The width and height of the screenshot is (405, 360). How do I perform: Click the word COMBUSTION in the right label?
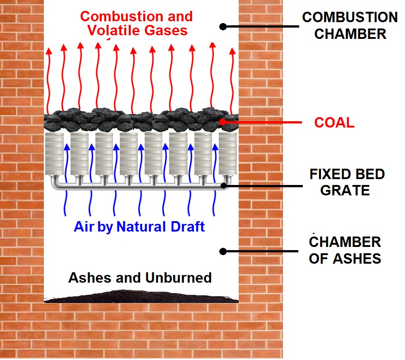tap(349, 18)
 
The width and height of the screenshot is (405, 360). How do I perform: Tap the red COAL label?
tap(334, 123)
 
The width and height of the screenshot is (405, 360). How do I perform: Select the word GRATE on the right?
tap(345, 189)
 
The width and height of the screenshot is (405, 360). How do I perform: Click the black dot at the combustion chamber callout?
tap(222, 27)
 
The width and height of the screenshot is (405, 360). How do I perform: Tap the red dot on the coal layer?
tap(222, 122)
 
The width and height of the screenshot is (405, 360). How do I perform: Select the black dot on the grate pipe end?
tap(224, 185)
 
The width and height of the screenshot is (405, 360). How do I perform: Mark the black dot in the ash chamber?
tap(222, 251)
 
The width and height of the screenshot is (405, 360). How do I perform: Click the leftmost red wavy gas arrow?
tap(48, 77)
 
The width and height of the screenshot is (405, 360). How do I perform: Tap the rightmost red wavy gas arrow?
tap(233, 77)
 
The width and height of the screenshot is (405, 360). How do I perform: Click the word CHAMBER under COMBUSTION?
tap(350, 34)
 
